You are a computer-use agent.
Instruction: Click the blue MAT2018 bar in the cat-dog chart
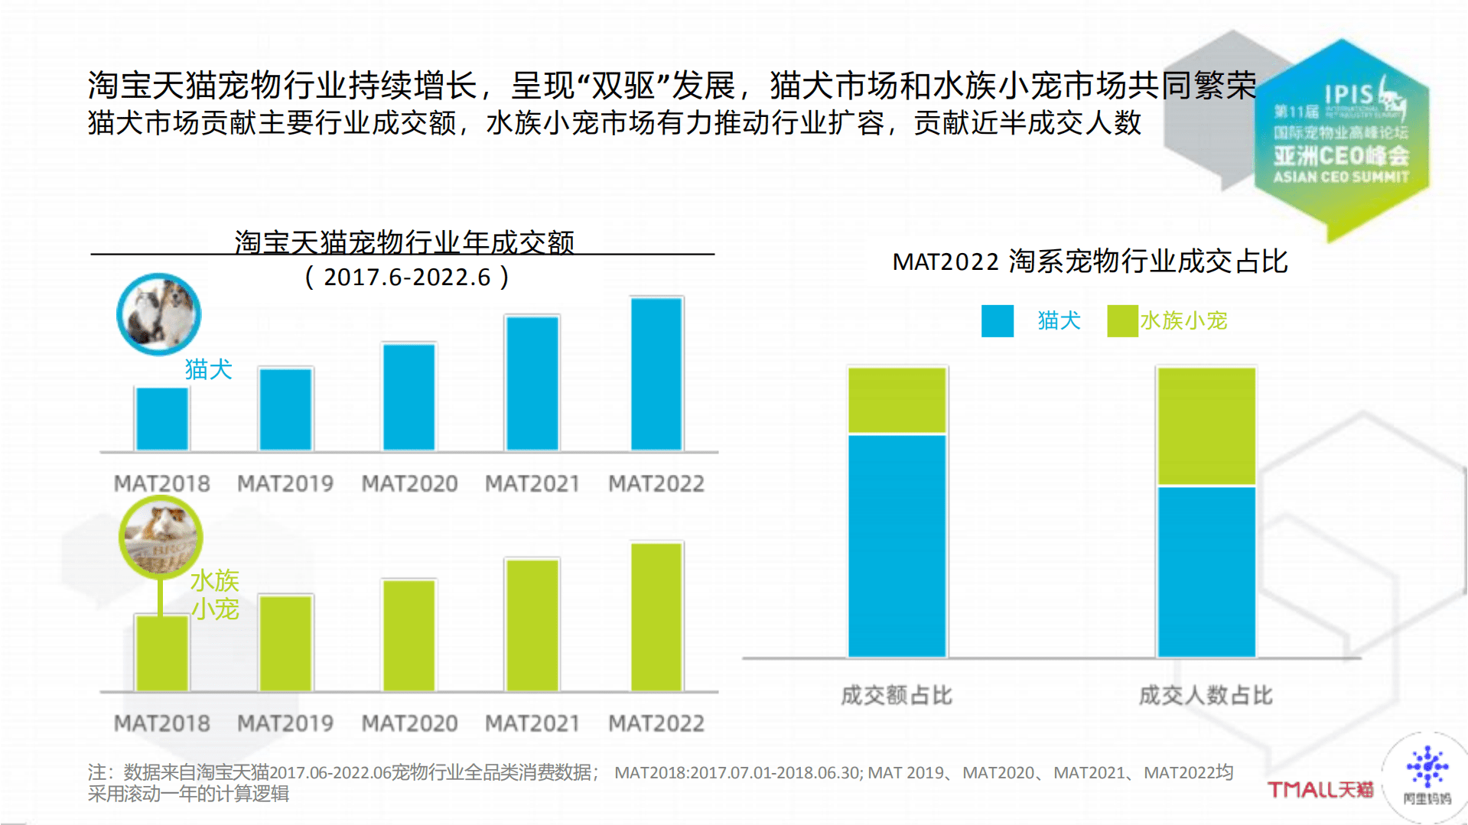click(162, 419)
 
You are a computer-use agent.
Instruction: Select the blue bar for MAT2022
click(656, 374)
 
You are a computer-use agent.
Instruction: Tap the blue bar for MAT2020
click(409, 397)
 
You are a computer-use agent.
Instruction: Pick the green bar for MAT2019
click(285, 643)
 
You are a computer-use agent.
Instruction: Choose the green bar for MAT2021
click(532, 625)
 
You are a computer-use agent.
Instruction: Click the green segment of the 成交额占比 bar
click(897, 400)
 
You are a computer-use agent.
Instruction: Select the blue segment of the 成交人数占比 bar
click(1206, 571)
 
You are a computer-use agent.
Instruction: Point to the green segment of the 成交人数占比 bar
click(1206, 426)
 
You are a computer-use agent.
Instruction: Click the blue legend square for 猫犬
click(998, 321)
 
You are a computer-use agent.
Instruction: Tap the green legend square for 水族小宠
click(1122, 321)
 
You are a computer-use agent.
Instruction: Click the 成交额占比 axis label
click(897, 695)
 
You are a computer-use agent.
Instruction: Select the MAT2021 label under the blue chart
click(532, 483)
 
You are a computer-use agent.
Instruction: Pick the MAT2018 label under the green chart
click(161, 723)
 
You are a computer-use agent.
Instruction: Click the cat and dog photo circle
click(159, 314)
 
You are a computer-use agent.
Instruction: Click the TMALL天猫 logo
click(1320, 789)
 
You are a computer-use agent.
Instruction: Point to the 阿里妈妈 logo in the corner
click(1427, 776)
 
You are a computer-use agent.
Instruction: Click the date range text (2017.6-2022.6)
click(407, 277)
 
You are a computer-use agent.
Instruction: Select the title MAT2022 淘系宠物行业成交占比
click(1090, 261)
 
